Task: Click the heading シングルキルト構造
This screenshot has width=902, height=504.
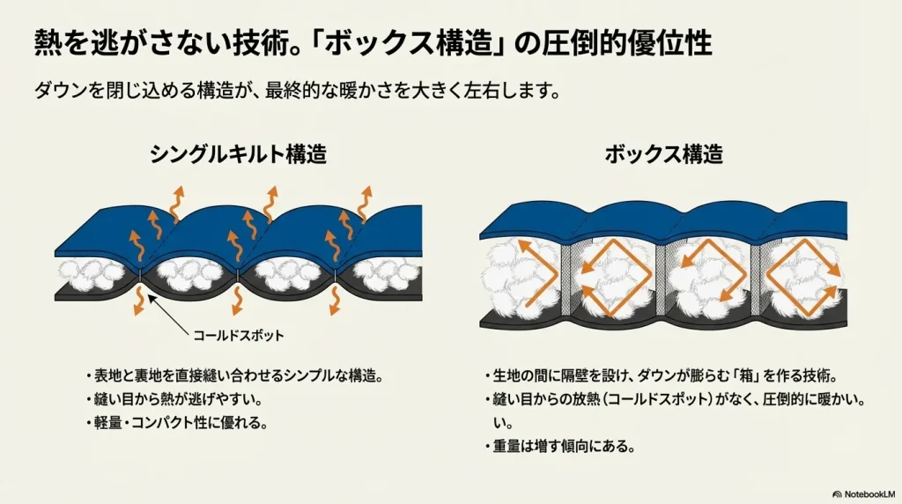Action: point(239,155)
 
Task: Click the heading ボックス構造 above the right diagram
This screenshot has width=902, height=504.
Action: point(663,155)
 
